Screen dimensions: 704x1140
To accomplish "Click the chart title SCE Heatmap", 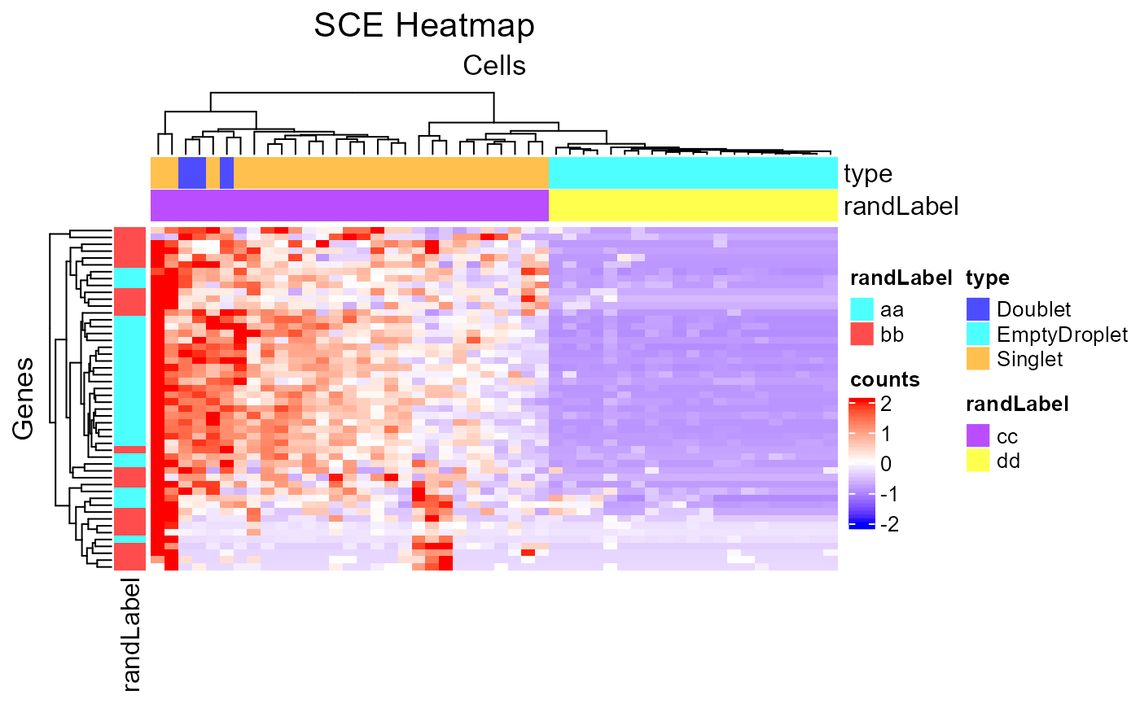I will point(424,26).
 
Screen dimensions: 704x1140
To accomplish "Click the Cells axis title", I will point(493,65).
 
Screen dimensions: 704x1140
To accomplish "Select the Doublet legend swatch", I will point(978,309).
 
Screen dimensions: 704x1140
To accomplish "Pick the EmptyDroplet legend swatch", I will point(978,334).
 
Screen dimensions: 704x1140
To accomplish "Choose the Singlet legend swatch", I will point(978,358).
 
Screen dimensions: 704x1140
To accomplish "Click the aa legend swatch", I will point(862,309).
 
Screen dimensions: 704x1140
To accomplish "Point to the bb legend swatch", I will point(862,334).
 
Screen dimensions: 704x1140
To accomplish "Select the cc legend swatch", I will point(978,435).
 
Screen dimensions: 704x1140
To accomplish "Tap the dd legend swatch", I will point(978,461).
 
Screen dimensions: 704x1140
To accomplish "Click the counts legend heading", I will point(885,379).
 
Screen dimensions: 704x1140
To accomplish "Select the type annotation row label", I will point(868,173).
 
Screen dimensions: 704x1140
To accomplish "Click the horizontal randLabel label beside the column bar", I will point(901,206).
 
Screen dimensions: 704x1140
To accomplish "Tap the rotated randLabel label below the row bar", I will point(130,635).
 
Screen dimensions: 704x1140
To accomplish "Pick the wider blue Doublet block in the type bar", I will point(191,173).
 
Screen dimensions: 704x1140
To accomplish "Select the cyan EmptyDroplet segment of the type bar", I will point(693,173).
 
